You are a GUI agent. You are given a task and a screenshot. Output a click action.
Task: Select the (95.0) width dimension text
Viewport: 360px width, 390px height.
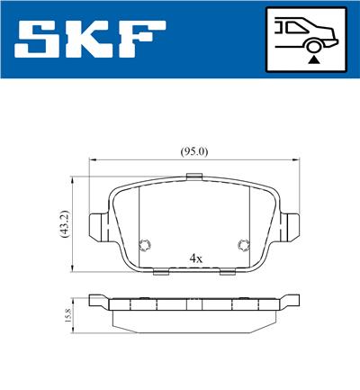(194, 151)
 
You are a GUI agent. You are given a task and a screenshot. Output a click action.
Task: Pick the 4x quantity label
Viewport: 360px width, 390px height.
(196, 258)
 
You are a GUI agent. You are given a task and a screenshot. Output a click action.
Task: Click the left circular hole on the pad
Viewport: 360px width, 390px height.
(145, 244)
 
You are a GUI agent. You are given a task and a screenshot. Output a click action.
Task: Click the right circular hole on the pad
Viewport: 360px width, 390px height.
(241, 244)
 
